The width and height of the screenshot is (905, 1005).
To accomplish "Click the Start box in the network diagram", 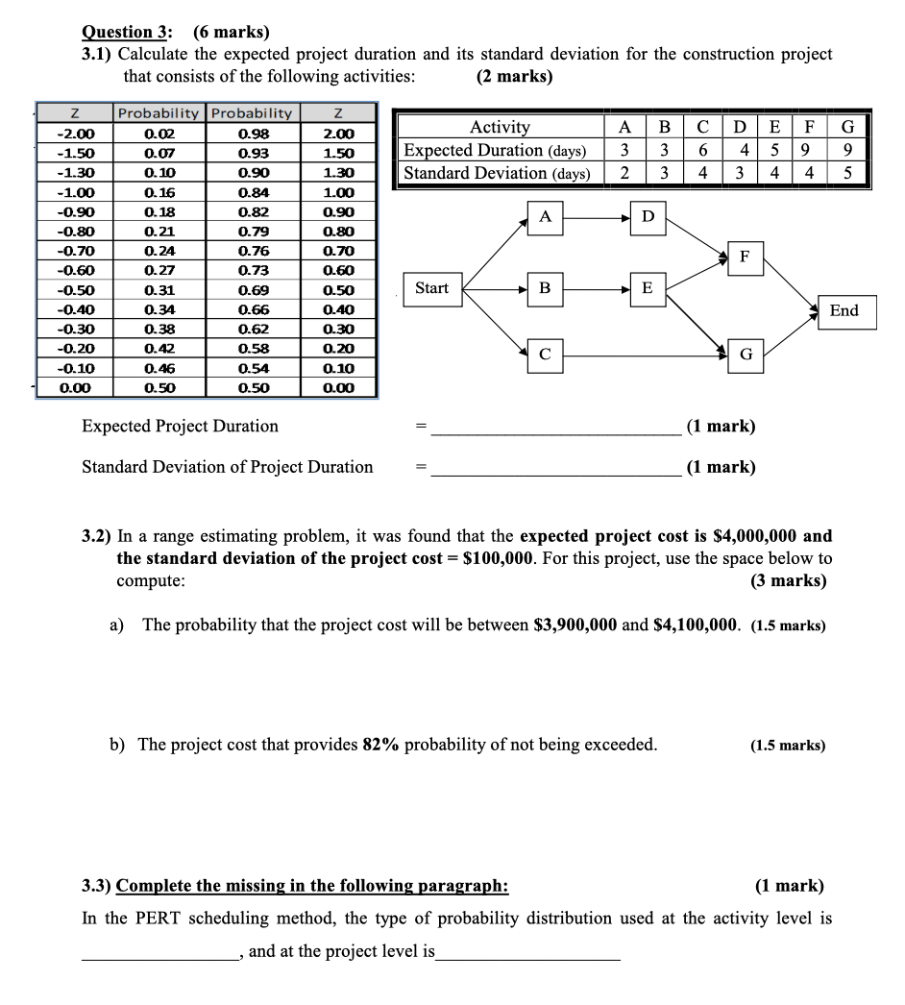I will [x=431, y=288].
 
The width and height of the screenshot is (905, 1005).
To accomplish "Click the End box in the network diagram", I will [x=844, y=311].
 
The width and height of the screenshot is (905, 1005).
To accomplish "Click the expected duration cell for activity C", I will [x=703, y=151].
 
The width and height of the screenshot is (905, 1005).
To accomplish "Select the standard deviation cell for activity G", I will [x=847, y=173].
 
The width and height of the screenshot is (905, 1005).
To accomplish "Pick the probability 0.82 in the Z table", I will [x=253, y=211].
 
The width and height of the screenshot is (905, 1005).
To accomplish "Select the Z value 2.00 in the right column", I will [x=338, y=134].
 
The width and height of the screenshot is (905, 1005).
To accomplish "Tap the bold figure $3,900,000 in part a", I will [x=575, y=625].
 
